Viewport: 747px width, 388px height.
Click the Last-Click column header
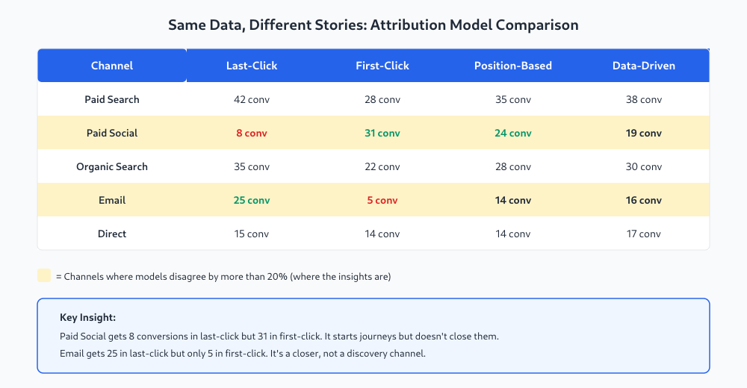pyautogui.click(x=252, y=66)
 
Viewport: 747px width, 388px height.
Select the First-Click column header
pyautogui.click(x=382, y=66)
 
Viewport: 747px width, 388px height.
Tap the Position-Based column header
pyautogui.click(x=513, y=66)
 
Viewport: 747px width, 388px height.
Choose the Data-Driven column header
pyautogui.click(x=644, y=66)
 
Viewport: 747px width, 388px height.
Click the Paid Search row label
pyautogui.click(x=112, y=99)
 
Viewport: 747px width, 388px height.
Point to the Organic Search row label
pyautogui.click(x=112, y=166)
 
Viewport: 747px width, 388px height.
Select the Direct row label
pyautogui.click(x=112, y=234)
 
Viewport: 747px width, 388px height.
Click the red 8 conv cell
pyautogui.click(x=252, y=133)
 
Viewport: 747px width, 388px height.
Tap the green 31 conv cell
pyautogui.click(x=382, y=133)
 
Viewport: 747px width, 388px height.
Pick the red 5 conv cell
pyautogui.click(x=382, y=200)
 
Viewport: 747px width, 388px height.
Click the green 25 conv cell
pyautogui.click(x=252, y=200)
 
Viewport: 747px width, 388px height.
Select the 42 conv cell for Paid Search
pyautogui.click(x=252, y=99)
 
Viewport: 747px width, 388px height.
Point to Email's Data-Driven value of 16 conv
pyautogui.click(x=644, y=200)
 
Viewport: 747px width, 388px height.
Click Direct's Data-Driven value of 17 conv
pyautogui.click(x=644, y=234)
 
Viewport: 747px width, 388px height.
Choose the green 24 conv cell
pyautogui.click(x=513, y=133)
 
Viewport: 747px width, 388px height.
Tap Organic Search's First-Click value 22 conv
pyautogui.click(x=382, y=166)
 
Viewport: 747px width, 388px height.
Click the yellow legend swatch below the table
pyautogui.click(x=44, y=275)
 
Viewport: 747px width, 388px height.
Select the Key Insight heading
pyautogui.click(x=87, y=318)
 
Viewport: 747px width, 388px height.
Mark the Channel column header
pyautogui.click(x=112, y=66)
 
